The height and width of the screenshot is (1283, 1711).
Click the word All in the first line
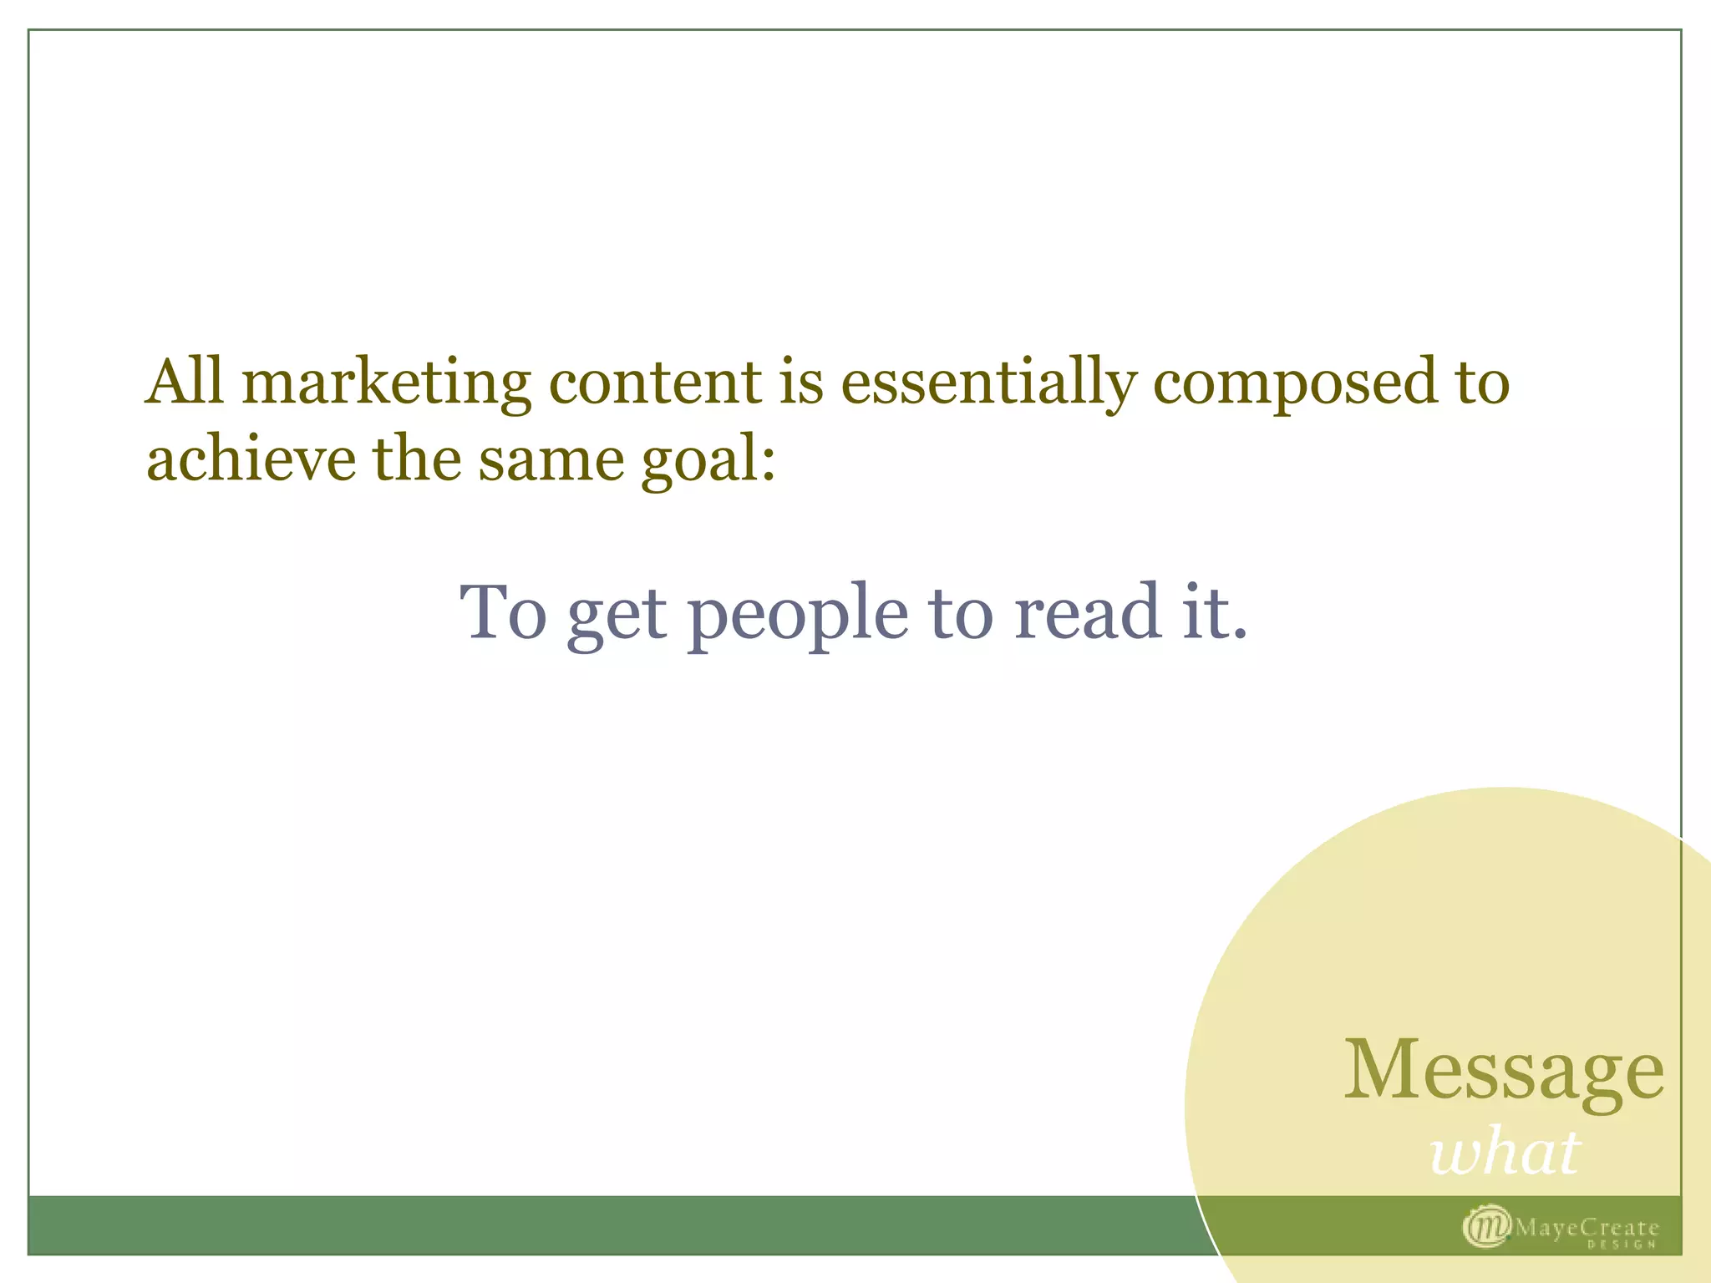[185, 383]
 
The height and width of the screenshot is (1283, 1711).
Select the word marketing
[386, 385]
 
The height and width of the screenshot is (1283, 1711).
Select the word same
[551, 462]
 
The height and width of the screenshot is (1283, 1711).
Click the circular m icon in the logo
[1486, 1226]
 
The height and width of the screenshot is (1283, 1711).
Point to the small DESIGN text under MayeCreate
[1621, 1245]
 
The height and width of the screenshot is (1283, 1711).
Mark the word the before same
[416, 460]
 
